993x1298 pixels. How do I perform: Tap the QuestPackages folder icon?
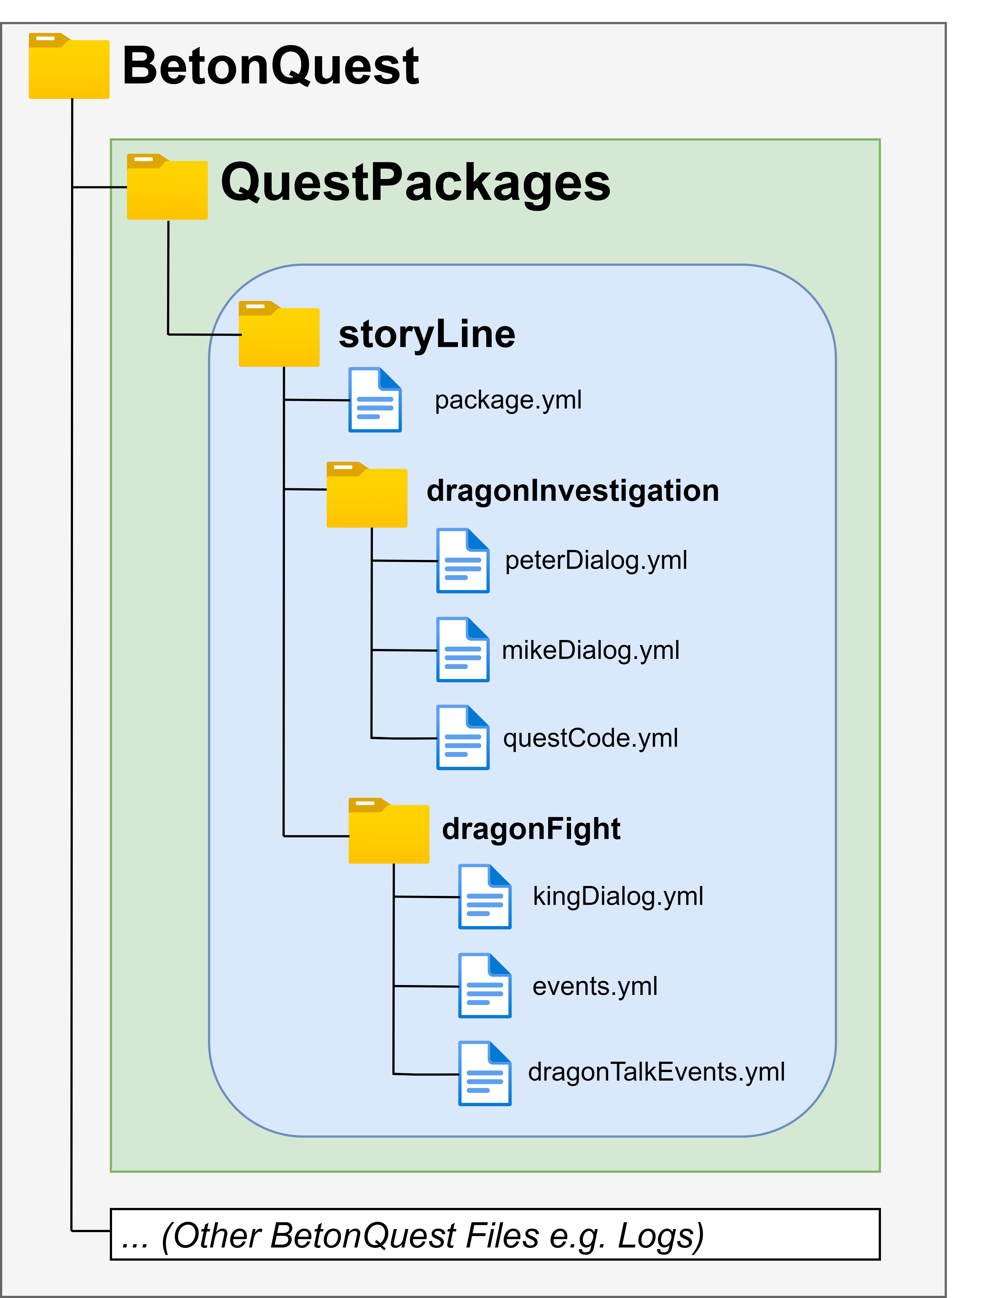point(167,187)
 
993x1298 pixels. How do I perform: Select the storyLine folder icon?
point(279,334)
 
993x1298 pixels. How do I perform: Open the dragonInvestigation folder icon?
point(367,495)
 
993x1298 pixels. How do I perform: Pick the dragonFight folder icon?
point(389,831)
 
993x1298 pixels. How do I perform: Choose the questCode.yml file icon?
point(463,737)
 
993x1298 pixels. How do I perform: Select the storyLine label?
point(427,335)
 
